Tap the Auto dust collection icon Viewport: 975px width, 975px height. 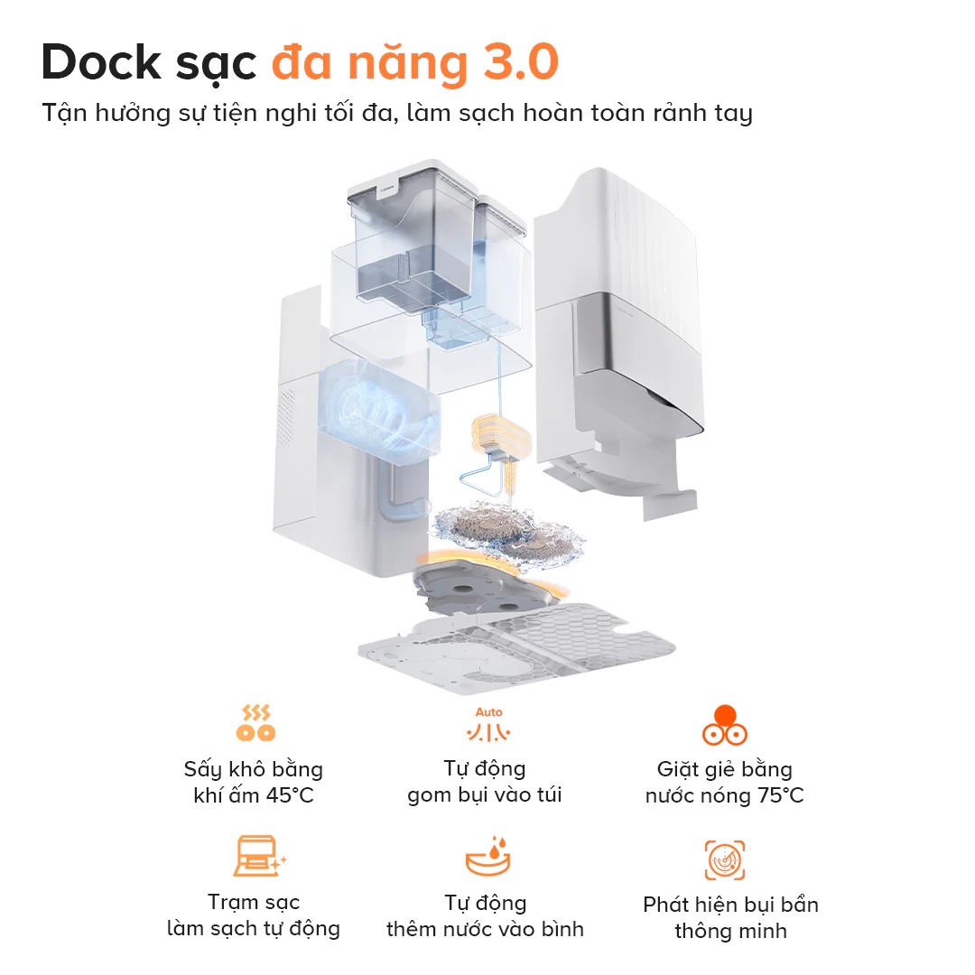(488, 724)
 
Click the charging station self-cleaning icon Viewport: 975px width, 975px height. (257, 857)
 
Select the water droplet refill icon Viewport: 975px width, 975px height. (488, 857)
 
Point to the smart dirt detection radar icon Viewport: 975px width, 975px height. (724, 859)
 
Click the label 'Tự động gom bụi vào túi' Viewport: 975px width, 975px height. (485, 782)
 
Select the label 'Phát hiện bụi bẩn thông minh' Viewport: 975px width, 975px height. (730, 917)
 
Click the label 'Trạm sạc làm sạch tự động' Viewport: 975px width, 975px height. (254, 915)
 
